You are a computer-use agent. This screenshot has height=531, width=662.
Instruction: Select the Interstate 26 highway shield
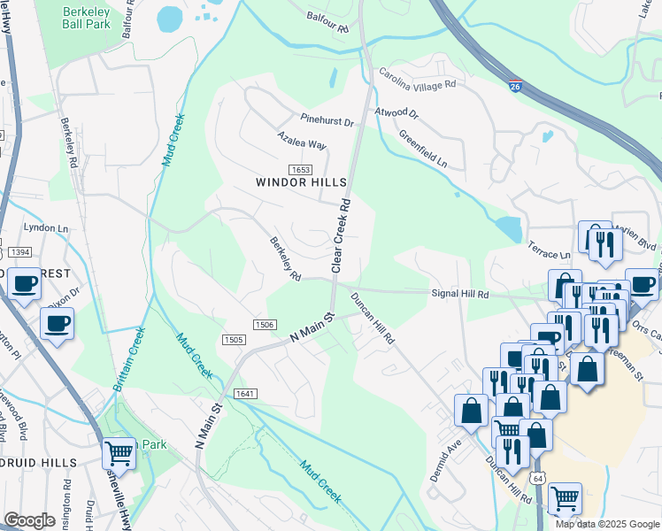pos(515,86)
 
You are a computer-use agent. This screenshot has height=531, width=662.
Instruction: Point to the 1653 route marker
pos(299,169)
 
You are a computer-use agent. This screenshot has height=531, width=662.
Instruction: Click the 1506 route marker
pos(263,325)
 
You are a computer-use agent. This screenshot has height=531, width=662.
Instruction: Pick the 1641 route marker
pos(245,393)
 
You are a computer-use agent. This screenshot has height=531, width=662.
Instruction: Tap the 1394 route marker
pos(19,253)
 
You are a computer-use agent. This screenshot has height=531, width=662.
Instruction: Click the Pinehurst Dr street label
pos(327,120)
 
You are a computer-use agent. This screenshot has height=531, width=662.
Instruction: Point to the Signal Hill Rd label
pos(459,293)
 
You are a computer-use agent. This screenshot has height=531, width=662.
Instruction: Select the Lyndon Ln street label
pos(46,228)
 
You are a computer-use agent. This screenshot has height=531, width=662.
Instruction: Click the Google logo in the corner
pos(29,520)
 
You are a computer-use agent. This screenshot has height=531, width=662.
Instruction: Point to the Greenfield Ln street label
pos(422,150)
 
